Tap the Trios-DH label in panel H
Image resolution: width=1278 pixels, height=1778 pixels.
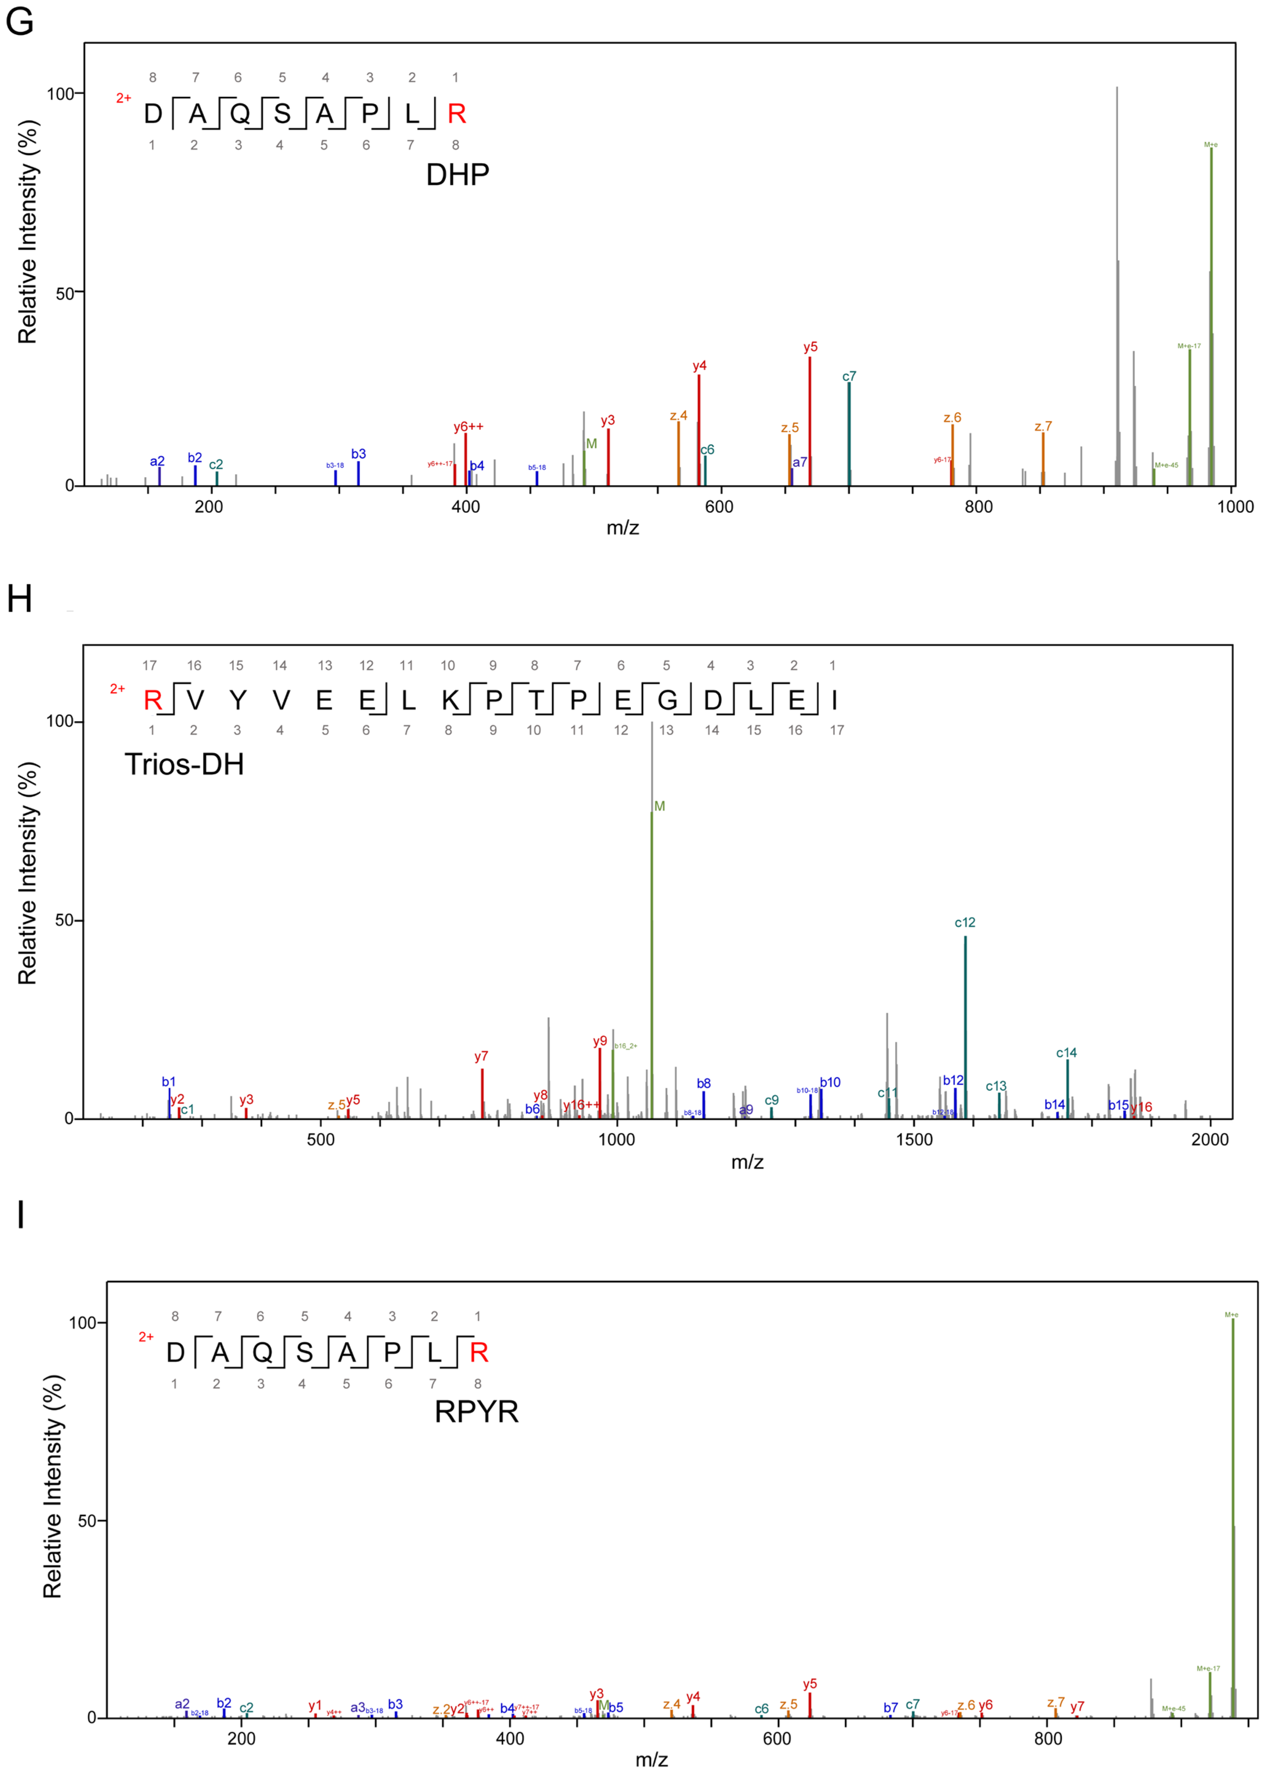(184, 764)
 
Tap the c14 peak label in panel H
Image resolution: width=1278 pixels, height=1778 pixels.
(1066, 1053)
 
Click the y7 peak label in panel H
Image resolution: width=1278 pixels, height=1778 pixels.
(481, 1057)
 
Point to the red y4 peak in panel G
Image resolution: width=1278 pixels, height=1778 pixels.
(699, 431)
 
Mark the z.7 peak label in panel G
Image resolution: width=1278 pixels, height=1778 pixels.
(1043, 426)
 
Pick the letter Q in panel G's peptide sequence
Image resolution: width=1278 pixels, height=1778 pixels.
(240, 114)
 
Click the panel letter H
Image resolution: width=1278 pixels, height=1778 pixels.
(20, 599)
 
